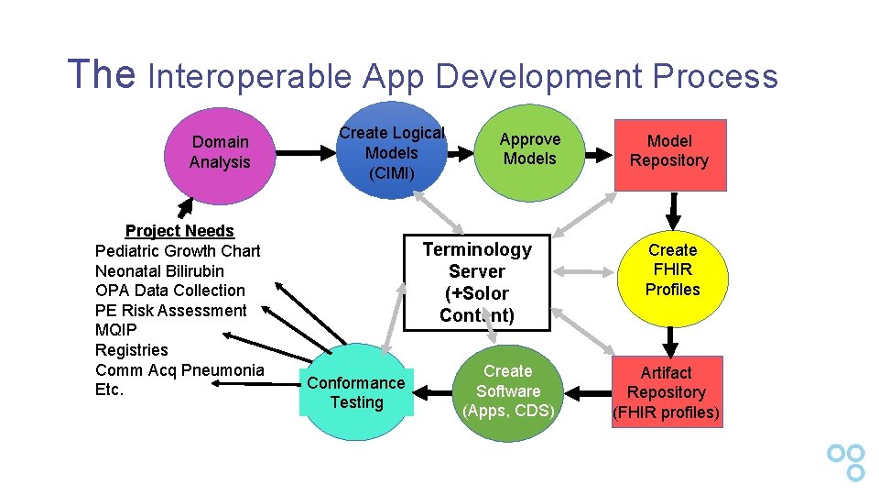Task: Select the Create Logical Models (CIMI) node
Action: tap(391, 153)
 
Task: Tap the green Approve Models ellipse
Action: tap(529, 149)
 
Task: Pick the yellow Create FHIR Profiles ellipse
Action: tap(673, 270)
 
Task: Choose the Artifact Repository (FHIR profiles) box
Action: tap(666, 392)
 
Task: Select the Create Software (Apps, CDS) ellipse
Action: tap(508, 391)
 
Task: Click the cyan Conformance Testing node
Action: tap(356, 392)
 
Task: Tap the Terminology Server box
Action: tap(476, 282)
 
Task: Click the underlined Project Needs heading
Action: tap(179, 231)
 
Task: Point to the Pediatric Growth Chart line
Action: tap(178, 251)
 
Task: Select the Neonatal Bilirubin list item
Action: tap(159, 271)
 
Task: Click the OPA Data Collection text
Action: tap(170, 291)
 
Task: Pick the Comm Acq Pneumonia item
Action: tap(179, 369)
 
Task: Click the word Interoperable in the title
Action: tap(250, 76)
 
